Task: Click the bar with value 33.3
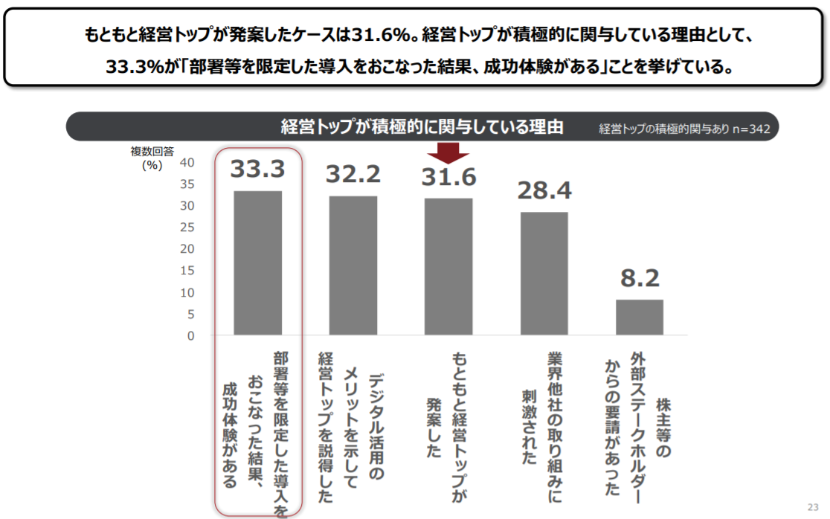point(257,263)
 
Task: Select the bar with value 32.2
point(353,265)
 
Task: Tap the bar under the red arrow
point(448,267)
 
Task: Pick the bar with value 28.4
point(544,274)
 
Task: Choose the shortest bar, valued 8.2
point(639,317)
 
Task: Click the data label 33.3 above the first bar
point(257,170)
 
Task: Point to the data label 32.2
point(353,174)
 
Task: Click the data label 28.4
point(544,191)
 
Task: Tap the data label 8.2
point(640,279)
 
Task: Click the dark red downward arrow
point(448,152)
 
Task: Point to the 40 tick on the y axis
point(187,162)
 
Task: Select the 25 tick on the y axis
point(187,227)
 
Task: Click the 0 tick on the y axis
point(190,335)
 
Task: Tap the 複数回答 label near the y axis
point(152,151)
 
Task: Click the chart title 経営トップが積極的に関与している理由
point(422,126)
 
